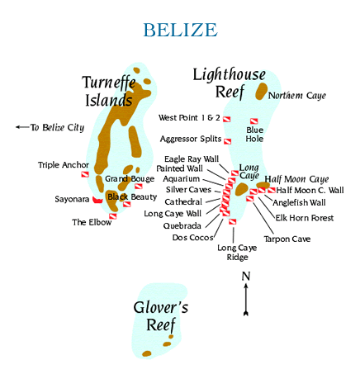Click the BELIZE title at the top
(180, 30)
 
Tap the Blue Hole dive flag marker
(253, 121)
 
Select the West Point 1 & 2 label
(189, 118)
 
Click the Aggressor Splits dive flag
(227, 141)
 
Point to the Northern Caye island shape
(261, 91)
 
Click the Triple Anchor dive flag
(85, 174)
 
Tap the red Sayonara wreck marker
(97, 200)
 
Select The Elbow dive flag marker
(113, 216)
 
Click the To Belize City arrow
(22, 127)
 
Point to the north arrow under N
(246, 300)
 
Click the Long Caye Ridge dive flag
(233, 222)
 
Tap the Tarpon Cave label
(287, 239)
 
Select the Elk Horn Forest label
(305, 218)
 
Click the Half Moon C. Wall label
(310, 190)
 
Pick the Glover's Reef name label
(161, 316)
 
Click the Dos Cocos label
(192, 238)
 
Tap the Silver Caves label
(188, 190)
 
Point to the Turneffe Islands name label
(109, 91)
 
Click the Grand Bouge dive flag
(138, 187)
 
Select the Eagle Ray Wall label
(192, 159)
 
